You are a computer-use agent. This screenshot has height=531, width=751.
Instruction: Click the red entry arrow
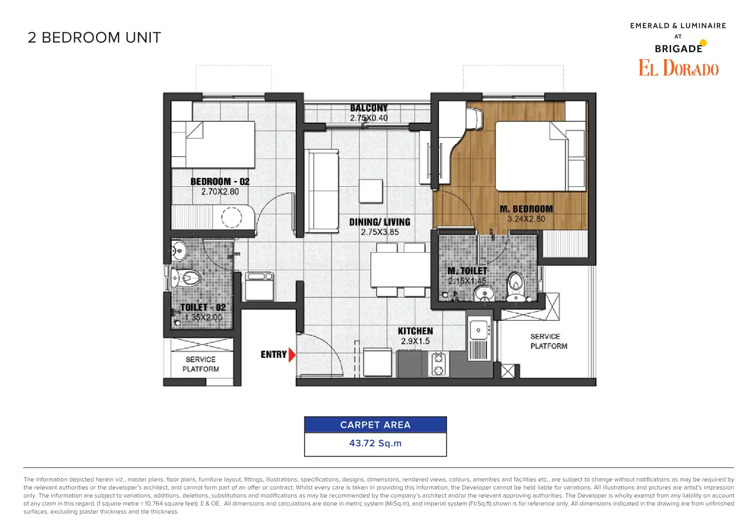[x=292, y=355]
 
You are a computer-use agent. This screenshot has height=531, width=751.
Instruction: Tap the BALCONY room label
[x=369, y=108]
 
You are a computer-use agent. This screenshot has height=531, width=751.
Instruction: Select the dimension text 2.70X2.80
[x=220, y=192]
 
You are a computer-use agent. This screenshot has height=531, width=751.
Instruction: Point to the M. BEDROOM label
[x=526, y=209]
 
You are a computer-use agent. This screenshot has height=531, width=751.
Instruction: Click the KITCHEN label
[x=415, y=331]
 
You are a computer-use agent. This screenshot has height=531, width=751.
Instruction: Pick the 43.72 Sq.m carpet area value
[x=375, y=443]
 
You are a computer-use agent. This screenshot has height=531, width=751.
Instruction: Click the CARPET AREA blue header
[x=375, y=425]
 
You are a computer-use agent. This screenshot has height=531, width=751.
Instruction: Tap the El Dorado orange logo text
[x=678, y=68]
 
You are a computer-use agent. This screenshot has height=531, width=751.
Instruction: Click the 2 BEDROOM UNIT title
[x=94, y=37]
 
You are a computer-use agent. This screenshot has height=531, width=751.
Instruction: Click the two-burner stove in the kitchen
[x=439, y=365]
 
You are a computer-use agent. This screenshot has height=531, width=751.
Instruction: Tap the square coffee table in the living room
[x=371, y=191]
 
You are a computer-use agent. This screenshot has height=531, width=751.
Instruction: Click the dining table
[x=401, y=270]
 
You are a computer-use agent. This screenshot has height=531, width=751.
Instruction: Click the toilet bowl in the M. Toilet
[x=516, y=286]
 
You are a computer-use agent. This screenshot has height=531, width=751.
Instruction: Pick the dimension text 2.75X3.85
[x=380, y=232]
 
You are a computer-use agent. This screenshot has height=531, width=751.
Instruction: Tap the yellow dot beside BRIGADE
[x=703, y=43]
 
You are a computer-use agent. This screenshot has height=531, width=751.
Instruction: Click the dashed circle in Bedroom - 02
[x=231, y=217]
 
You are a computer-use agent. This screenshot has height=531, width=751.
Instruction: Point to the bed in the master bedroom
[x=540, y=156]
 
